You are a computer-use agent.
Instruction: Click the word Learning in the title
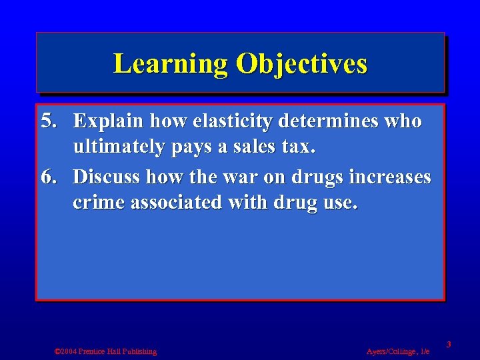171,64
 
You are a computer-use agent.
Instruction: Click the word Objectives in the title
300,64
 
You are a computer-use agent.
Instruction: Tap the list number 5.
48,121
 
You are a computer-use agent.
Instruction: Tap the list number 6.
48,177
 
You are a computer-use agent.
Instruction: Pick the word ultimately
117,148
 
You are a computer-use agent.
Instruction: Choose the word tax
299,148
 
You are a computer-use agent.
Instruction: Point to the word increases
389,177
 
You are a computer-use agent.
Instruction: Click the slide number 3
449,345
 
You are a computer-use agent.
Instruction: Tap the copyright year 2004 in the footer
68,351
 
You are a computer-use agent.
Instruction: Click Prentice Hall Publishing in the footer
119,351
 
